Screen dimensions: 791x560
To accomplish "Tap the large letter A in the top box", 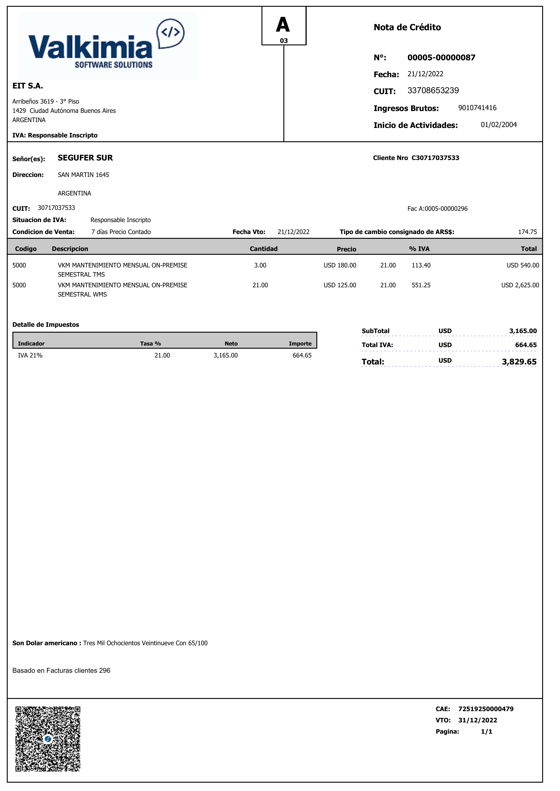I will click(x=283, y=25).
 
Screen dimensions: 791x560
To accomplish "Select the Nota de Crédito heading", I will click(x=407, y=27).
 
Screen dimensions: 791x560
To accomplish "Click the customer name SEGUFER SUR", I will click(x=85, y=158).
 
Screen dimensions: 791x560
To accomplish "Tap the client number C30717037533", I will click(x=435, y=158).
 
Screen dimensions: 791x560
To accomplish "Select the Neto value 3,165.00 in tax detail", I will click(x=226, y=355).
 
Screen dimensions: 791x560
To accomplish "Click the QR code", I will click(x=48, y=739).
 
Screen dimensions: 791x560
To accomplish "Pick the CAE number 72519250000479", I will click(x=485, y=709).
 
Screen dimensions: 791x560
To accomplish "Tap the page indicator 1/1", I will click(x=487, y=731).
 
